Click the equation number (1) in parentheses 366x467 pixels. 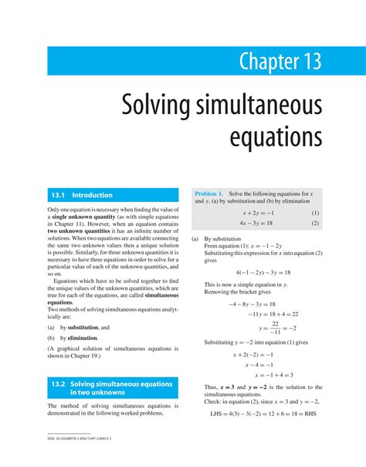coord(315,213)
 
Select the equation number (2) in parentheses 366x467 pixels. coord(315,223)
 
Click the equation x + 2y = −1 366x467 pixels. coord(259,213)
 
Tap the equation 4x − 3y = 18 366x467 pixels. coord(259,223)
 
